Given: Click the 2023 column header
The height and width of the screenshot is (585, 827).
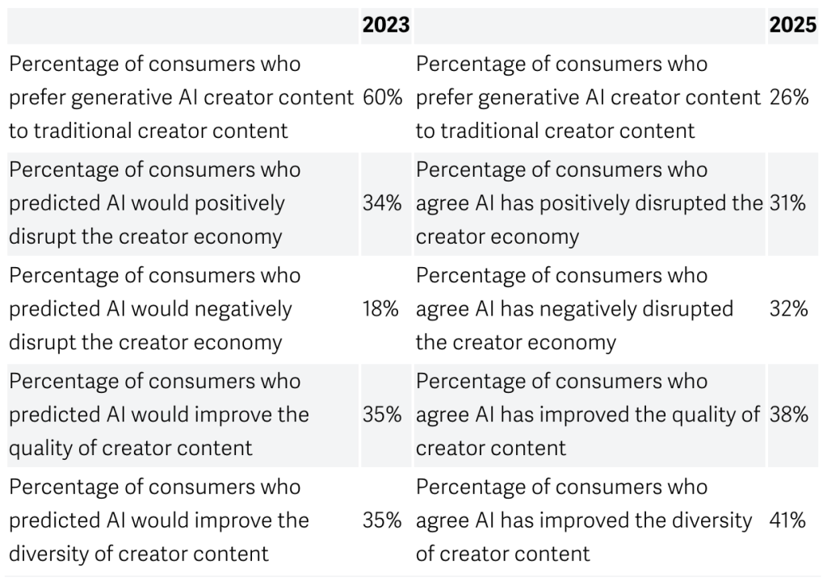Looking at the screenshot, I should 385,26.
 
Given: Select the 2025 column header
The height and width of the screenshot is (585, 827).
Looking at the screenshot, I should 792,26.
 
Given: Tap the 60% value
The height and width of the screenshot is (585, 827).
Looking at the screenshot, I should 382,98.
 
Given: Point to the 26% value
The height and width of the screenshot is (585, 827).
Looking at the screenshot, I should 789,98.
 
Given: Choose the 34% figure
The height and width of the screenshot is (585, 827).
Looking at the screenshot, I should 382,203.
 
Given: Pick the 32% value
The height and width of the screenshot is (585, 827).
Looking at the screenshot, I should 788,309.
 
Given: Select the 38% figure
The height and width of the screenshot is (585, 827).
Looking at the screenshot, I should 789,415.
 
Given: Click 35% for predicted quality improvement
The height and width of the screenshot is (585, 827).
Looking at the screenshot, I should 382,415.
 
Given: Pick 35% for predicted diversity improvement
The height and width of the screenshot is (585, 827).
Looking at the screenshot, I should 382,520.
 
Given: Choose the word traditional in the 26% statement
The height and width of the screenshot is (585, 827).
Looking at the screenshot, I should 489,131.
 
